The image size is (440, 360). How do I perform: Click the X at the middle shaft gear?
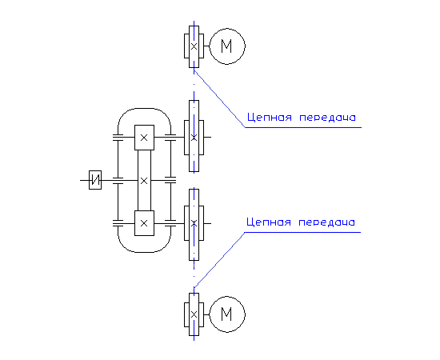tap(144, 181)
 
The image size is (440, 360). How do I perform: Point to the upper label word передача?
tap(327, 118)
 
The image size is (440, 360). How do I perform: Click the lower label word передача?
tap(326, 222)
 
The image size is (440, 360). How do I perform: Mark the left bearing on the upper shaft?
tap(118, 138)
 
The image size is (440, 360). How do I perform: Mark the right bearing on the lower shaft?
tap(170, 223)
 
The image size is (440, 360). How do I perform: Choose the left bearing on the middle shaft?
tap(118, 181)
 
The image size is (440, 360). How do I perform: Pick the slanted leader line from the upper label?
tap(220, 99)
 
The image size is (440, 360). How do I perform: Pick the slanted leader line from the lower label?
tap(219, 260)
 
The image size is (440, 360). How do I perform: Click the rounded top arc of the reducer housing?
tap(144, 108)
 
